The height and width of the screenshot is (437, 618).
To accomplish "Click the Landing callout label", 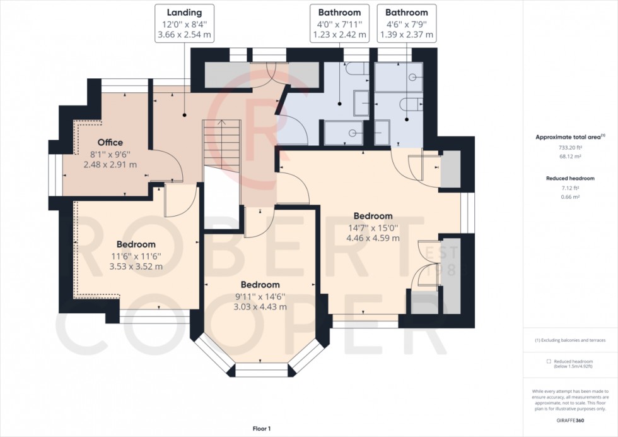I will pos(184,12).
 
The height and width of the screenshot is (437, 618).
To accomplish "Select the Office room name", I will pos(110,142).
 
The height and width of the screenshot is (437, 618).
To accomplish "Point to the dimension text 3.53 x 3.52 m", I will pos(136,266).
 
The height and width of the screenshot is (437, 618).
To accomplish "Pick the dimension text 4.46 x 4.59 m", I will pos(373,238).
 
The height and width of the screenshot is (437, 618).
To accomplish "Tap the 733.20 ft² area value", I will pos(570,147).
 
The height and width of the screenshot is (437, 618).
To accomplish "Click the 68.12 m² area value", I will pos(570,156).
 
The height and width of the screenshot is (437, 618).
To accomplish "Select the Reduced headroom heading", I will pos(570,179).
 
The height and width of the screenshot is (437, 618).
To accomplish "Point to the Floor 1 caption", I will pos(260,429).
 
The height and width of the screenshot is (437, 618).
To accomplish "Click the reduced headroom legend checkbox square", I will pos(549,362).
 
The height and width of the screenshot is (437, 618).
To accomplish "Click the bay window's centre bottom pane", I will pos(261,371).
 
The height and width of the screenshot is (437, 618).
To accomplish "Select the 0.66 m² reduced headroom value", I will pos(570,196).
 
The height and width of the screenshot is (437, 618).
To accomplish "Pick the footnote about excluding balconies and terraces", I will pos(570,340).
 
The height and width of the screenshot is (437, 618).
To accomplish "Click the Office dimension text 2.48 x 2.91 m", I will pos(110,164).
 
